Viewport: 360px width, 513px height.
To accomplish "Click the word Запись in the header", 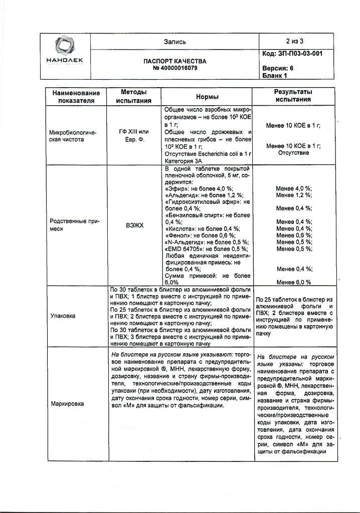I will coord(175,42).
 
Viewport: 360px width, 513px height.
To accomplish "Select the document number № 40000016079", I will coord(175,68).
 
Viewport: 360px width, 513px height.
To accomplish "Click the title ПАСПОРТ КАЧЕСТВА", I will coord(175,61).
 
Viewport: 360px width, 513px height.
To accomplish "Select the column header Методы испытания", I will coord(134,97).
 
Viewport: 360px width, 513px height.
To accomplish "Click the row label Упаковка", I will coord(63,316).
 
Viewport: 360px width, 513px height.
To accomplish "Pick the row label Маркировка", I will coord(67,404).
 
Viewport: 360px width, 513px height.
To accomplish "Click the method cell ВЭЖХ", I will coord(134,225).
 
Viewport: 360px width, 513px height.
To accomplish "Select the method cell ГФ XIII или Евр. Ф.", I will coord(134,135).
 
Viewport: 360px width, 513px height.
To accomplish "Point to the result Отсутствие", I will coord(293,153).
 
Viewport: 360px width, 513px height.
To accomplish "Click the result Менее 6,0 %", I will coord(293,283).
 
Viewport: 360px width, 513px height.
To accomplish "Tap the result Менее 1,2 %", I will coord(293,195).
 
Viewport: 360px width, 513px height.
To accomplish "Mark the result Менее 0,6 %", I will coord(293,235).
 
